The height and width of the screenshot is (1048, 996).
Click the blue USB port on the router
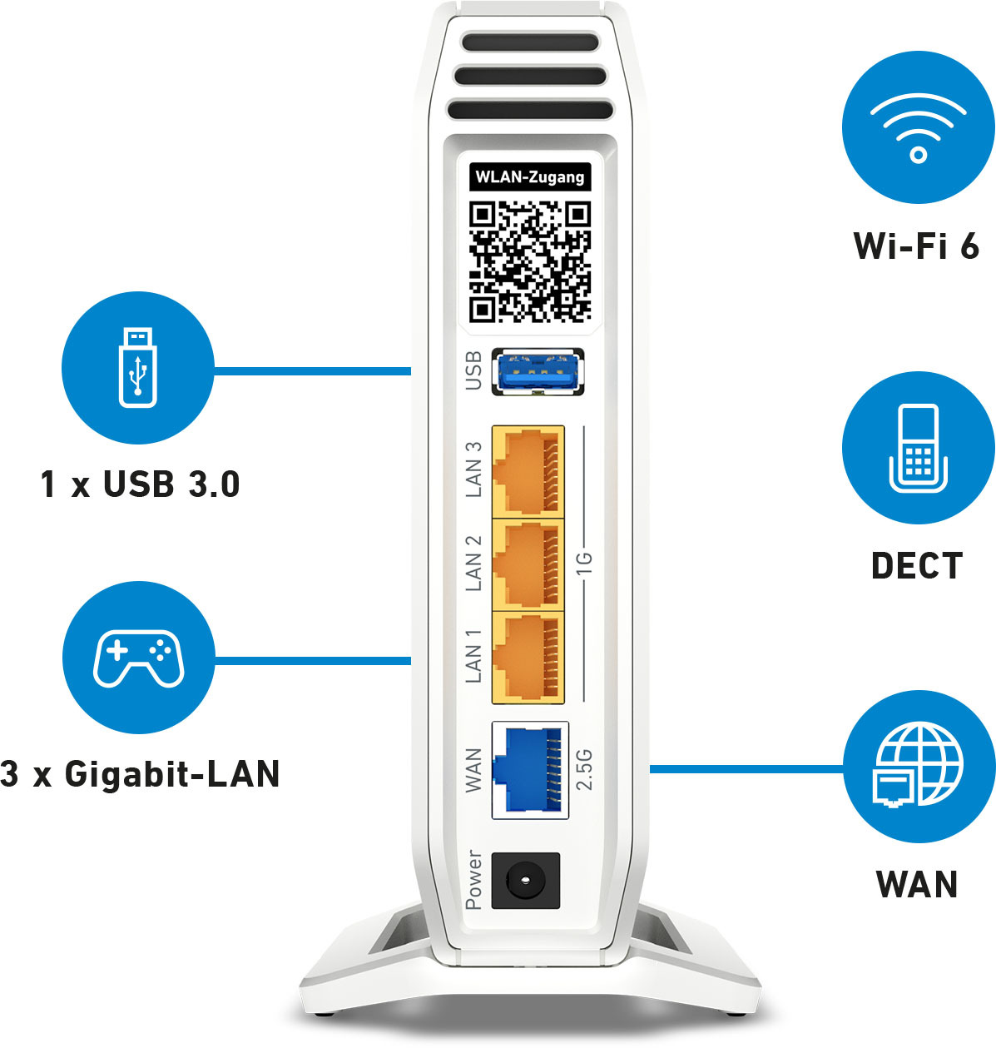[538, 371]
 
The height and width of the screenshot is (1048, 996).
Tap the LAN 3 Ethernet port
[528, 471]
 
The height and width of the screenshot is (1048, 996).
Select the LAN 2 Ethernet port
[528, 564]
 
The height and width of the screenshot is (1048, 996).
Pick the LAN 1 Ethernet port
[528, 658]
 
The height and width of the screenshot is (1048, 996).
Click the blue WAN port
[530, 770]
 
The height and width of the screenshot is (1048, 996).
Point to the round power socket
[525, 880]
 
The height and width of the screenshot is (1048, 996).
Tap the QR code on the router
[530, 261]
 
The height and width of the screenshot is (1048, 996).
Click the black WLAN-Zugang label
[530, 176]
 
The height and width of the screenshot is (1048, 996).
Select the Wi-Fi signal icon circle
[918, 128]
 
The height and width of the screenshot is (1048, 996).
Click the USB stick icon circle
[137, 368]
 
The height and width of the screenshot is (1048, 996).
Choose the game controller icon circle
[139, 658]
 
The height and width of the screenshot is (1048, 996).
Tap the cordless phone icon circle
[918, 448]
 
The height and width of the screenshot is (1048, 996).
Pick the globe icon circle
[919, 767]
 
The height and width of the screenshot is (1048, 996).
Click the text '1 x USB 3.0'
[140, 484]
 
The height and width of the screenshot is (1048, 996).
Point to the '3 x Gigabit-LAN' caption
[140, 773]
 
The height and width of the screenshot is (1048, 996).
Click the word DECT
[917, 565]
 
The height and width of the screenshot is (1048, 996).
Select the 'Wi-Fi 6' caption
[917, 246]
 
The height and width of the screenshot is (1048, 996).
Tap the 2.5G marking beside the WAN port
[584, 770]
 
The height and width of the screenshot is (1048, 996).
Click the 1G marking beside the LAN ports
[584, 564]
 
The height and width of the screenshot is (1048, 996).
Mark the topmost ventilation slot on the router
[530, 42]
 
